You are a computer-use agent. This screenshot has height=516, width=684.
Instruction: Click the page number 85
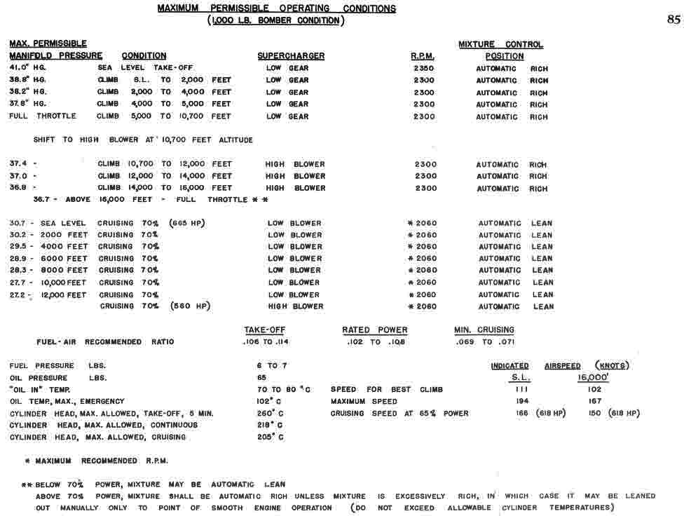673,20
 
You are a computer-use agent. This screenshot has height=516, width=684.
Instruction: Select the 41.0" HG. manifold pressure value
27,68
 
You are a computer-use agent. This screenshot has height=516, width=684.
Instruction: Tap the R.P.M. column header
423,56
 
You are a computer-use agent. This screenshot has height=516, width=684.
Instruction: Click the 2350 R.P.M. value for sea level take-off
424,69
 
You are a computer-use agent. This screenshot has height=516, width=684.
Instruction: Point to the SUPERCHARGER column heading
291,56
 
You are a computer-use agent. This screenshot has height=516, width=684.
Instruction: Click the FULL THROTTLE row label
43,116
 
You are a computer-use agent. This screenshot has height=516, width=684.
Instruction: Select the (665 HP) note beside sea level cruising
187,224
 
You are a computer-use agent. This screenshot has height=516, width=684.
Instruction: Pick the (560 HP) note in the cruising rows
190,306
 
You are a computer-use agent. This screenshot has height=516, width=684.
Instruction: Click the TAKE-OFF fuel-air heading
264,330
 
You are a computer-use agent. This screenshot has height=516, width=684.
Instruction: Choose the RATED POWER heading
374,330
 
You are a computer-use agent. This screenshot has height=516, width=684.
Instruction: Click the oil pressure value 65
262,378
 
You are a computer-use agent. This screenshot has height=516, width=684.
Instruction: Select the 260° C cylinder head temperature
270,414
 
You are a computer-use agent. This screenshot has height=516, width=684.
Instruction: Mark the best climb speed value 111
521,389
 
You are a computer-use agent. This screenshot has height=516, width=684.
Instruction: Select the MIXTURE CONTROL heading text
500,44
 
